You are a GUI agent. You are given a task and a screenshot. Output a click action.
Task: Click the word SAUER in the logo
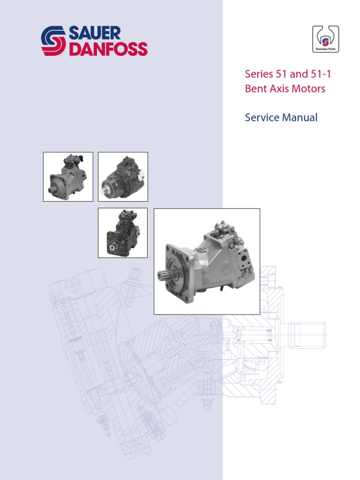point(95,33)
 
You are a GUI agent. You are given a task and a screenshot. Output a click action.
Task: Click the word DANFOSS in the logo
point(108,49)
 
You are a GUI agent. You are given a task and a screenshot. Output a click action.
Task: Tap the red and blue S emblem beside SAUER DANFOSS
point(53,41)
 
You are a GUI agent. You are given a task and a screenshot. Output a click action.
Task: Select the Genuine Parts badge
point(325,39)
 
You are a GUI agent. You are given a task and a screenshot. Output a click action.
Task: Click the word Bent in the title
point(255,89)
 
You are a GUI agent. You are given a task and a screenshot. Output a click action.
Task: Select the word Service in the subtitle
point(262,117)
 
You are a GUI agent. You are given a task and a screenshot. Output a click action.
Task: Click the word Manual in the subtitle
point(300,117)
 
